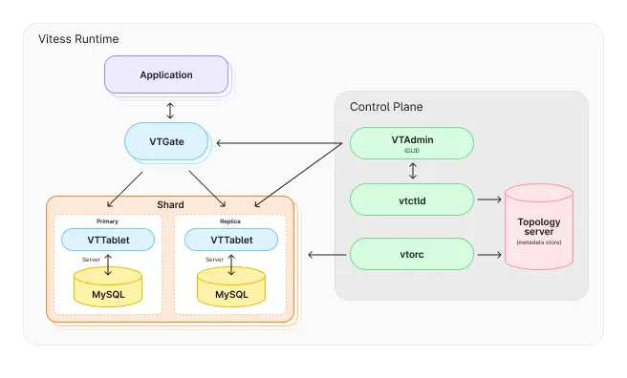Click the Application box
[x=166, y=74]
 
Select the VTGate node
[x=166, y=141]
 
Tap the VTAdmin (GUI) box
[x=412, y=143]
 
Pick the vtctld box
[x=412, y=199]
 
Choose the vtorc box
[x=412, y=255]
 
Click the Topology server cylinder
[x=540, y=228]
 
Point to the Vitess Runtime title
[x=78, y=39]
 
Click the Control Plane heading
[x=386, y=106]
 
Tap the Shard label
[x=170, y=205]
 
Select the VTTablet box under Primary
[x=108, y=240]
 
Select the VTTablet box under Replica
[x=231, y=240]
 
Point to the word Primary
[x=108, y=221]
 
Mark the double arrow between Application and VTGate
[x=170, y=109]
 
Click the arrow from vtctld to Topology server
[x=488, y=199]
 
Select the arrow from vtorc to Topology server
[x=488, y=255]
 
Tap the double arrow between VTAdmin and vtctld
[x=412, y=172]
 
